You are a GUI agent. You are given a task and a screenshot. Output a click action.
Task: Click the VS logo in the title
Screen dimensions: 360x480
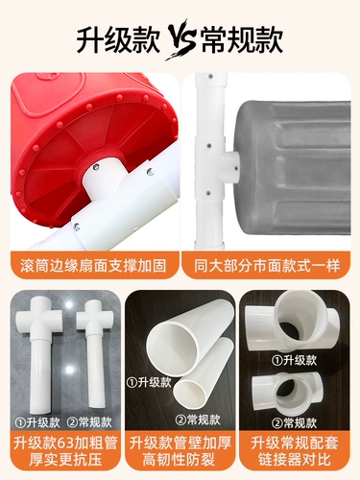(x=180, y=39)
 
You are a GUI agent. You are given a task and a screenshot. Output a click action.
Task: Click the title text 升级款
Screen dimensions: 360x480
(x=118, y=39)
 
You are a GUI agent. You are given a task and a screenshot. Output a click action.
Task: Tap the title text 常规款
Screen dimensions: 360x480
(x=242, y=39)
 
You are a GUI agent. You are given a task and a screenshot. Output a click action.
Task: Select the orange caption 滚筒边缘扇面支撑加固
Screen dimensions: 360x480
(x=93, y=266)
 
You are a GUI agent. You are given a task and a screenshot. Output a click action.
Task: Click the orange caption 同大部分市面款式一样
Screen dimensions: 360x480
(x=267, y=266)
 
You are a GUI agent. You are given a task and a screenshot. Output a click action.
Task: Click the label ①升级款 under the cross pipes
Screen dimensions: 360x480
(x=37, y=422)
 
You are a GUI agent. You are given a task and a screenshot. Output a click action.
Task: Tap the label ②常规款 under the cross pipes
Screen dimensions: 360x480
(x=89, y=422)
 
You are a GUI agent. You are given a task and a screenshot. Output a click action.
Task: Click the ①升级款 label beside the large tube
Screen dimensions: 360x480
(x=149, y=382)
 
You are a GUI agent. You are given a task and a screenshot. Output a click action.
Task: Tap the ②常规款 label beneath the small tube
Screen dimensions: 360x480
(x=199, y=420)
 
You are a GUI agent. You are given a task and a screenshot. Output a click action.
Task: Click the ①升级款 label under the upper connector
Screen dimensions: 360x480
(x=295, y=361)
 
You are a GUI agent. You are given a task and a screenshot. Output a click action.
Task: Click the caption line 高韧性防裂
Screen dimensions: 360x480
(x=179, y=461)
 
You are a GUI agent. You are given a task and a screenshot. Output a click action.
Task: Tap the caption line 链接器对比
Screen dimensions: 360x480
(x=295, y=460)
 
